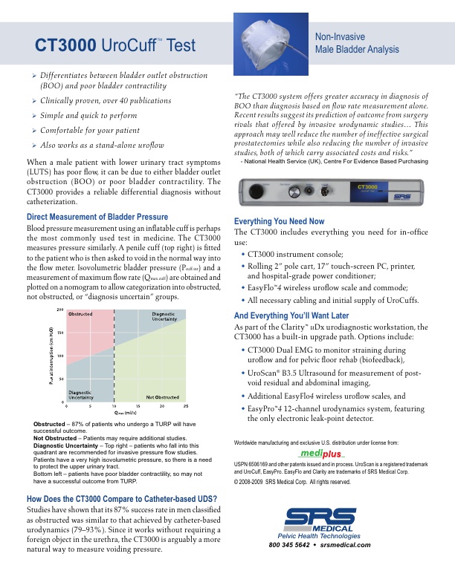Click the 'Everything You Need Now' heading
pos(279,221)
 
